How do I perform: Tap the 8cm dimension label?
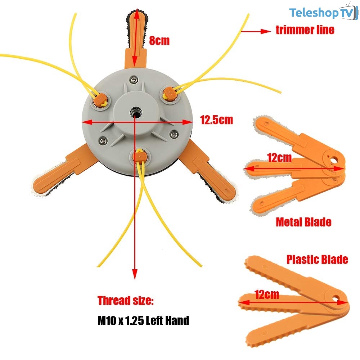coord(159,41)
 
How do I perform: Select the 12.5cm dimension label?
coord(216,120)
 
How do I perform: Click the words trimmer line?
coord(305,30)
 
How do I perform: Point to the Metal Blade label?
coord(303,222)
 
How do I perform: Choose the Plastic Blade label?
coord(317,260)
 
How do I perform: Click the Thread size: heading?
coord(126,300)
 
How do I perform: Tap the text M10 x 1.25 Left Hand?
coord(143,320)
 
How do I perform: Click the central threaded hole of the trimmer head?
coord(135,113)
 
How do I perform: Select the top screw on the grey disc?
coord(134,80)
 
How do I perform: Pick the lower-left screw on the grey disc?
coord(103,141)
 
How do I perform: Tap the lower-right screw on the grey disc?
coord(174,134)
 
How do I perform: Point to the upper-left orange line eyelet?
coord(100,101)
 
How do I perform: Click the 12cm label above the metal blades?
coord(279,158)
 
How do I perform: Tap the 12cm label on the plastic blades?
coord(267,294)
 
